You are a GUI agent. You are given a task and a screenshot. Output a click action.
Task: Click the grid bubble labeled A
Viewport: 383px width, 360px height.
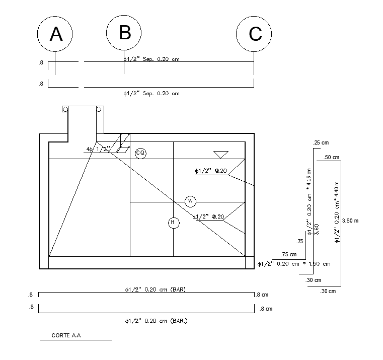point(55,34)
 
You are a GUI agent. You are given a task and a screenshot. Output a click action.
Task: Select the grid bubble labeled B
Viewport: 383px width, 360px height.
point(124,32)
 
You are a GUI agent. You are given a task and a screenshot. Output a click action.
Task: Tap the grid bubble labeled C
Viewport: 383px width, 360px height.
point(254,34)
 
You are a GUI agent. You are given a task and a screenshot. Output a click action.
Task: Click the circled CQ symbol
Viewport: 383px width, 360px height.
point(140,153)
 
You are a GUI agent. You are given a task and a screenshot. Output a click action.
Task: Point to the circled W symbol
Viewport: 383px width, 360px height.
point(190,201)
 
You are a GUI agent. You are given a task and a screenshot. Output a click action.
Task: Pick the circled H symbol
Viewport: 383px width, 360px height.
point(174,222)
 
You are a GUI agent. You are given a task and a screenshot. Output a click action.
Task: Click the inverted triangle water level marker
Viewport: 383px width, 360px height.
point(220,155)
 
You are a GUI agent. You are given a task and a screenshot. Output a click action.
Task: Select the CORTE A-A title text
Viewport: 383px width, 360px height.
point(66,335)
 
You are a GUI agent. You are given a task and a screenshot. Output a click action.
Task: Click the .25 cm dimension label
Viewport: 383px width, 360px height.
point(320,143)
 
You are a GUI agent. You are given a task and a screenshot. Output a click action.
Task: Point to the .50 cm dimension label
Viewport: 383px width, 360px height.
point(331,158)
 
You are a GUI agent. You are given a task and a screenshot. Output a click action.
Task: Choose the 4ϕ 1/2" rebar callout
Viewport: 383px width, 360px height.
point(98,149)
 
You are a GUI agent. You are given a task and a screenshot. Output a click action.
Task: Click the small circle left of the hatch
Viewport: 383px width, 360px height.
point(65,109)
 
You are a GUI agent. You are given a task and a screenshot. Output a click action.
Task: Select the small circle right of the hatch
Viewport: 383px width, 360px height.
point(99,109)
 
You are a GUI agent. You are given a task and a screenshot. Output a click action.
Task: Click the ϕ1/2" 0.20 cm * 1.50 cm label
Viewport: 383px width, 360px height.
point(293,264)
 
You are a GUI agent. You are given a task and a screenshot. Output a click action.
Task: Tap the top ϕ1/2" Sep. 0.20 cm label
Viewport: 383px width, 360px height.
point(151,59)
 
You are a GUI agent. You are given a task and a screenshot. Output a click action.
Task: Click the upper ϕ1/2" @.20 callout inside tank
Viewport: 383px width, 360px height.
point(209,171)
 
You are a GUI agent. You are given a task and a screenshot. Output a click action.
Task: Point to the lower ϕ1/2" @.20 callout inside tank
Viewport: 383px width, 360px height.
point(208,217)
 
